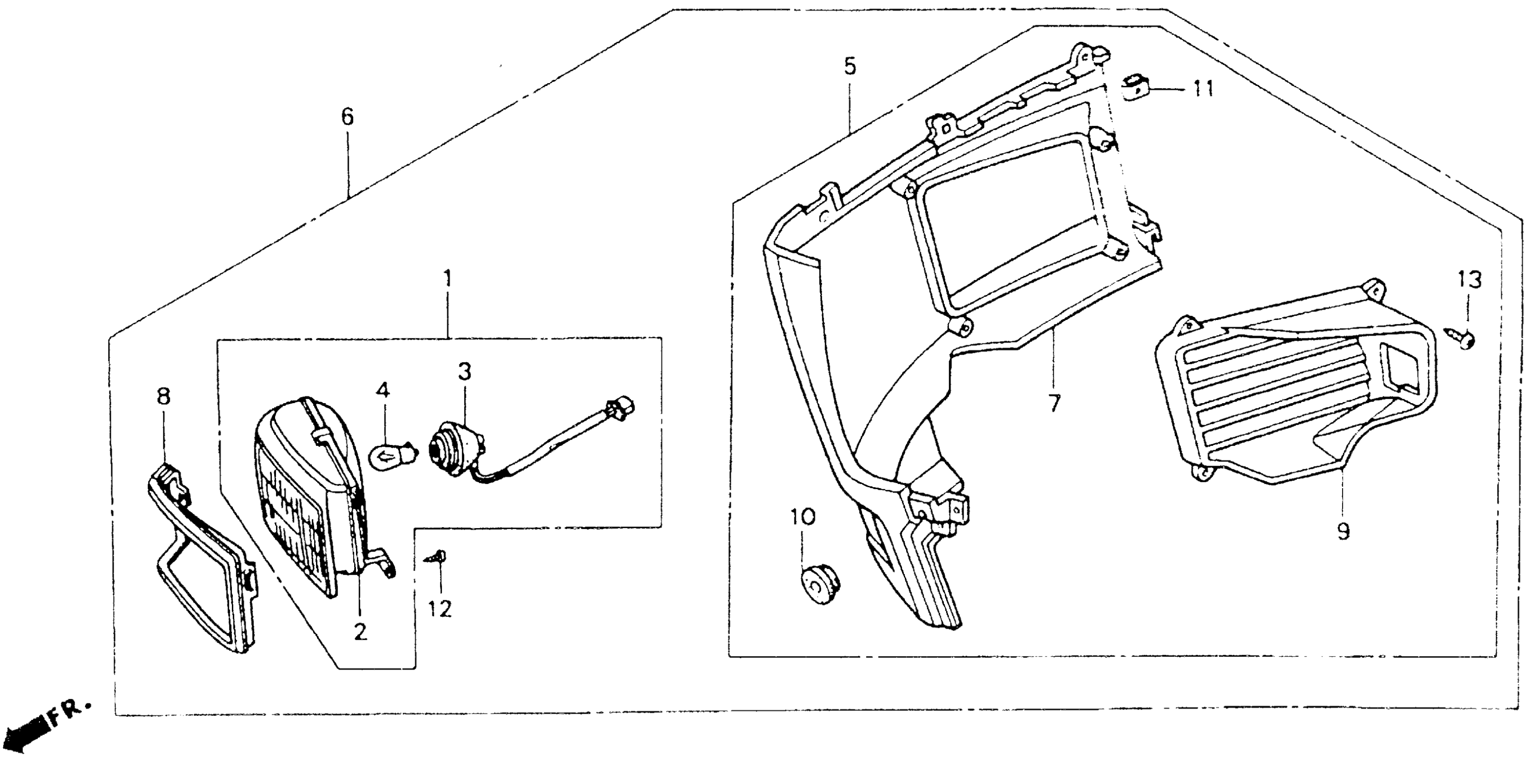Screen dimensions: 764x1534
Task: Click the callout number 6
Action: [x=347, y=117]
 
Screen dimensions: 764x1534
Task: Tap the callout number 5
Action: [x=850, y=67]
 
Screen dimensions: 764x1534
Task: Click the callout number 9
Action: [x=1343, y=531]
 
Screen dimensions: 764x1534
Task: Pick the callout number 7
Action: [x=1054, y=403]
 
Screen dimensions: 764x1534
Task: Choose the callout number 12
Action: [x=440, y=609]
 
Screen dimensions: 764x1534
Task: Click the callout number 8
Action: [x=163, y=396]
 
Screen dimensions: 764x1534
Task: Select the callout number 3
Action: [x=464, y=372]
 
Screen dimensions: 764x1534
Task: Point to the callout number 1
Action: [x=447, y=279]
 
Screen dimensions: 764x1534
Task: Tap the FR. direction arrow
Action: [x=42, y=725]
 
